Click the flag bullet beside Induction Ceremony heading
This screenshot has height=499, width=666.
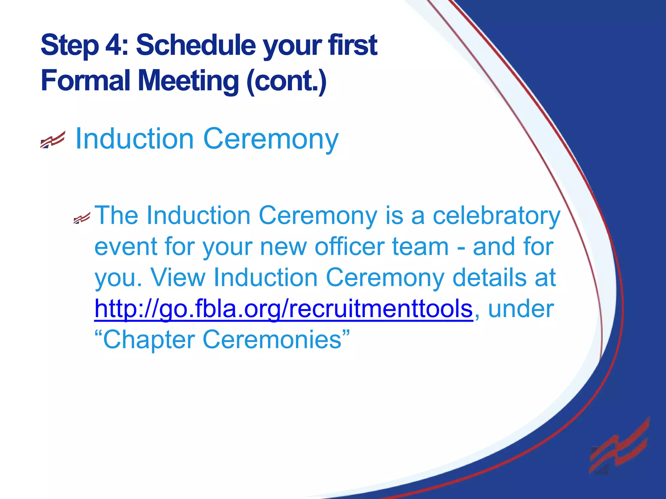(x=53, y=140)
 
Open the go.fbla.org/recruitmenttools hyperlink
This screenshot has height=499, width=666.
(x=283, y=309)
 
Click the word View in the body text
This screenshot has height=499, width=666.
(x=178, y=277)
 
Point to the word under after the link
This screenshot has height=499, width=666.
(x=521, y=309)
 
